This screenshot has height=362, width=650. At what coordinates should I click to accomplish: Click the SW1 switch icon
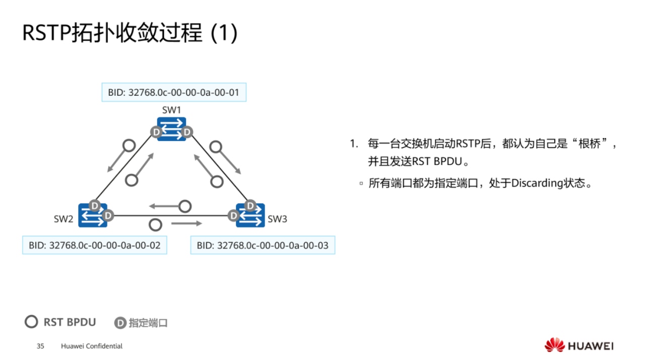point(171,128)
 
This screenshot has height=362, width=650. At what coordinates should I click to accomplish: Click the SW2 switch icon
point(93,215)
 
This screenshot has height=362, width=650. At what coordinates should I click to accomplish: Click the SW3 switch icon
point(250,215)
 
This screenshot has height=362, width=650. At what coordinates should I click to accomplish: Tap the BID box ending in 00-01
point(174,93)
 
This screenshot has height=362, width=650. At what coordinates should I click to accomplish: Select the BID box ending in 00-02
point(95,245)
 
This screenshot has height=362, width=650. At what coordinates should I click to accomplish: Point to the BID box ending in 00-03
point(263,245)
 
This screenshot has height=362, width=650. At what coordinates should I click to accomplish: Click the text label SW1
point(171,110)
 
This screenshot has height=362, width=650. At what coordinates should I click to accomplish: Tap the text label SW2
point(63,219)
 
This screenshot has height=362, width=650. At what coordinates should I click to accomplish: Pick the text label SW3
point(277,219)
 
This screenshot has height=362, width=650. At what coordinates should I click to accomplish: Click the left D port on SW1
point(156,132)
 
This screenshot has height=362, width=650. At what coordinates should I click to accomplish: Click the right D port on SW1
point(187,132)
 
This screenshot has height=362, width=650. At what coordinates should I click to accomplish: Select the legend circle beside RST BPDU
point(31,322)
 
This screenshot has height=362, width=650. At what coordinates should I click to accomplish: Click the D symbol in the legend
point(120,323)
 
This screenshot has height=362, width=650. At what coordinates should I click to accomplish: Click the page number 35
point(40,346)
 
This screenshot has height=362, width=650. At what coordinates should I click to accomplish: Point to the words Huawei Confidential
point(92,346)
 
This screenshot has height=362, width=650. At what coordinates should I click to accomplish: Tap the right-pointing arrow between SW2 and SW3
point(186,223)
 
